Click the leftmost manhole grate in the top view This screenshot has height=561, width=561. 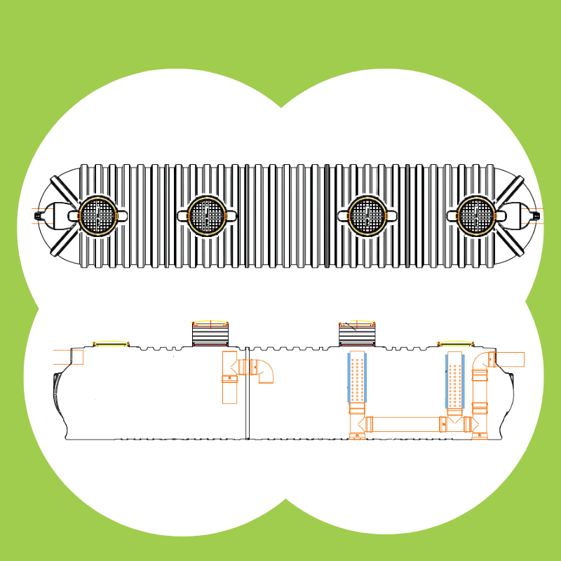[x=97, y=215]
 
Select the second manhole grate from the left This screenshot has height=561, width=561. [x=207, y=215]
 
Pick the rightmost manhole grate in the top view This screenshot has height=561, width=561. [x=476, y=215]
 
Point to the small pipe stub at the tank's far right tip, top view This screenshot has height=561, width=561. [x=536, y=215]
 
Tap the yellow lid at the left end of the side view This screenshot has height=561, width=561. [x=111, y=343]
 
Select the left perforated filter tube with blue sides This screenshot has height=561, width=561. [x=357, y=379]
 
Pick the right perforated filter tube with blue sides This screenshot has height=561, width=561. [x=455, y=379]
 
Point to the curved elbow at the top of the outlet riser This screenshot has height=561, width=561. [x=483, y=360]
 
